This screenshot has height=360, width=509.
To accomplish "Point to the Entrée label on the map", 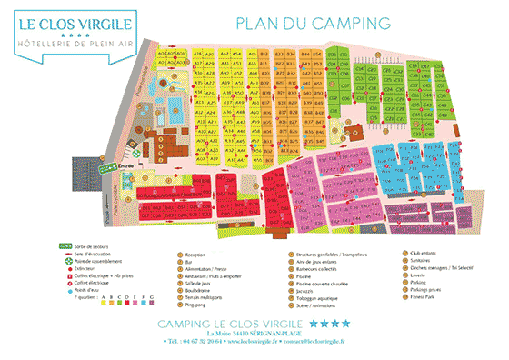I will point(127,168).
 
